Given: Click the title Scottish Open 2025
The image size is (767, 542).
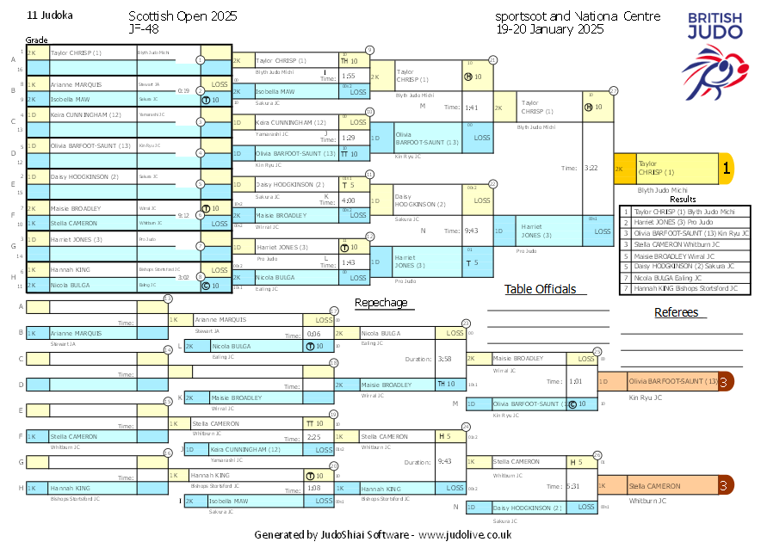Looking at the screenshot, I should point(182,16).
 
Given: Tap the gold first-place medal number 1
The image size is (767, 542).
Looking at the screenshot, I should point(726,169).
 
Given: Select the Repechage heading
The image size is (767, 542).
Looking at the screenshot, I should point(380,302).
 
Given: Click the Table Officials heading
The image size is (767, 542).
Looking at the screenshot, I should point(540,289).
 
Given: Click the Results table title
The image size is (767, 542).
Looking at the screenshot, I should point(683,200).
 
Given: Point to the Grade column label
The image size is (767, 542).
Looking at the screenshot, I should point(36,40).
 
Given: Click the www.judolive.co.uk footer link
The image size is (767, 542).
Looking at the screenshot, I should point(465,534).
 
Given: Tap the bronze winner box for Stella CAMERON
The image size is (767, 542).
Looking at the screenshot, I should point(658,486).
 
